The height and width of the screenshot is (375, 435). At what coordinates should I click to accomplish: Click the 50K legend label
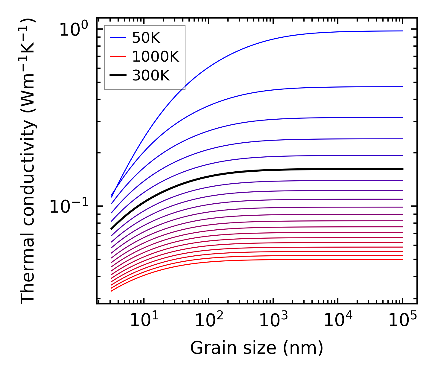coord(146,38)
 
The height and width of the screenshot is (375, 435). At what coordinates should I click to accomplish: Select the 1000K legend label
coord(156,57)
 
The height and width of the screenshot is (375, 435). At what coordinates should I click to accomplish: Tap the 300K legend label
coord(151,76)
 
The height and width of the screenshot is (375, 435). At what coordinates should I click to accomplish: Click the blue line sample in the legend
coord(118,38)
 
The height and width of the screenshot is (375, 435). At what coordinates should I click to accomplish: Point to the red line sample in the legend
coord(118,57)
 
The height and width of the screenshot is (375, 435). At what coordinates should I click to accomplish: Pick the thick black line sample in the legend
coord(118,76)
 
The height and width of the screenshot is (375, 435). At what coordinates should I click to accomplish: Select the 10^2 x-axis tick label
coord(209,320)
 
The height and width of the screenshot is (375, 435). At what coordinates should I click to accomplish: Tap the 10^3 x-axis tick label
coord(273,320)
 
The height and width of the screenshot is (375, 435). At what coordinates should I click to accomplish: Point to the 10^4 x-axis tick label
coord(338,320)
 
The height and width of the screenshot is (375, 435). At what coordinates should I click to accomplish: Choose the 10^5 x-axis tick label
coord(402,320)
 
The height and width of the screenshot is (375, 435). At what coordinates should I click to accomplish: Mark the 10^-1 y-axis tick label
coord(69,206)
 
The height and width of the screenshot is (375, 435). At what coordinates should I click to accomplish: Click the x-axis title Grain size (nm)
coord(257,348)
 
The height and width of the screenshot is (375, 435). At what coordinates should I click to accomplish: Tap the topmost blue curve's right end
coord(402,31)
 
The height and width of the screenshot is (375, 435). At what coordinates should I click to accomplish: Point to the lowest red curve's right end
coord(402,259)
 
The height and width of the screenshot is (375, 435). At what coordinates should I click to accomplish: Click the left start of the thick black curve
coord(112,229)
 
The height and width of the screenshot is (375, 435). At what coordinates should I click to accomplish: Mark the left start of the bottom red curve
coord(112,291)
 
